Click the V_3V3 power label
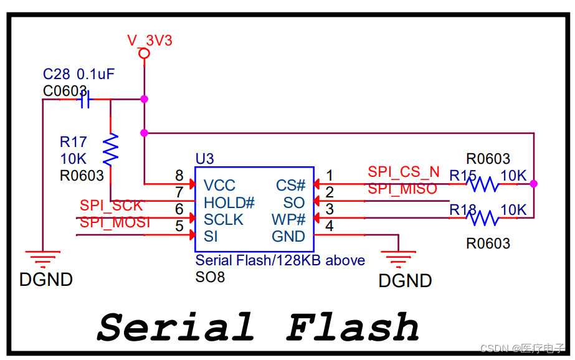(x=150, y=40)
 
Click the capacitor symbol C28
(x=85, y=100)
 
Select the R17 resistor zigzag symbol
(x=110, y=149)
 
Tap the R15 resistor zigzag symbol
(x=484, y=184)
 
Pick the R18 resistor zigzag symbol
(x=484, y=218)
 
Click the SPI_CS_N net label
(x=403, y=172)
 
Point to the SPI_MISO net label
(x=402, y=189)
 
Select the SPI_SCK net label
(x=111, y=206)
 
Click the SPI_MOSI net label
(x=115, y=222)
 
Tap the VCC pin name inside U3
(x=219, y=186)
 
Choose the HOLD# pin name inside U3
(x=229, y=202)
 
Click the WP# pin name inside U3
(x=288, y=220)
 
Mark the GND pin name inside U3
(x=288, y=237)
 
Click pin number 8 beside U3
(x=179, y=176)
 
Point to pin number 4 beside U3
(x=330, y=226)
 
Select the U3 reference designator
(x=204, y=159)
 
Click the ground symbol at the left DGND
(x=42, y=257)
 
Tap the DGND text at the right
(x=405, y=281)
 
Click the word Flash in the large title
(x=353, y=327)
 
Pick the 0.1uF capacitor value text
(x=95, y=74)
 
